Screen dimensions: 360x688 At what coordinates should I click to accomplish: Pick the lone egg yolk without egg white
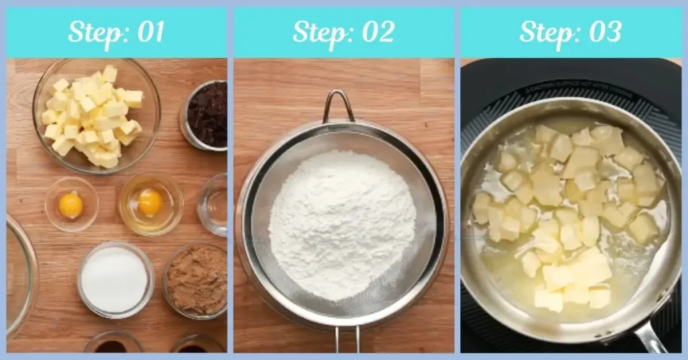pyautogui.click(x=71, y=204)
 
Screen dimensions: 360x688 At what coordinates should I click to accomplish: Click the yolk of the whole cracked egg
pyautogui.click(x=150, y=201)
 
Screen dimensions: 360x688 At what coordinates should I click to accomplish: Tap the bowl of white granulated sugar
pyautogui.click(x=115, y=279)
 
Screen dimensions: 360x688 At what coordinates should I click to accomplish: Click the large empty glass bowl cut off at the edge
pyautogui.click(x=19, y=275)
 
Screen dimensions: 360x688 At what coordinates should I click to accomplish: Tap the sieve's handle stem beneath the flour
pyautogui.click(x=347, y=339)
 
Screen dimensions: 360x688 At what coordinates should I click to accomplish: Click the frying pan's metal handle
pyautogui.click(x=649, y=337)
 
